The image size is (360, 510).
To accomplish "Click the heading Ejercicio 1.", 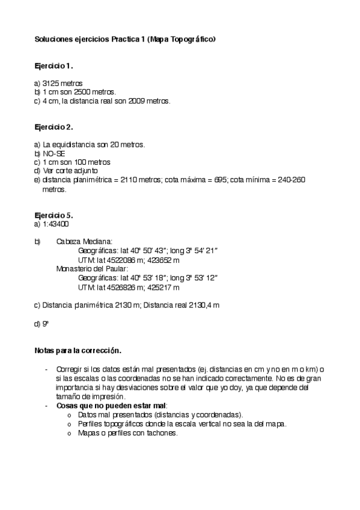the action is (54, 65).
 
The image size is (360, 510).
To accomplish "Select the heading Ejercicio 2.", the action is (54, 127).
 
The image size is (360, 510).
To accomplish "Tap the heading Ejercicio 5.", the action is (54, 215).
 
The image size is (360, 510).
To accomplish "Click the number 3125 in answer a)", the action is (52, 83).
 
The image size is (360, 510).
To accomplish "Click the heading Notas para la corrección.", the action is (78, 349).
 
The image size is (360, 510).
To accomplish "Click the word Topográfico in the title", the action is (191, 39).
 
